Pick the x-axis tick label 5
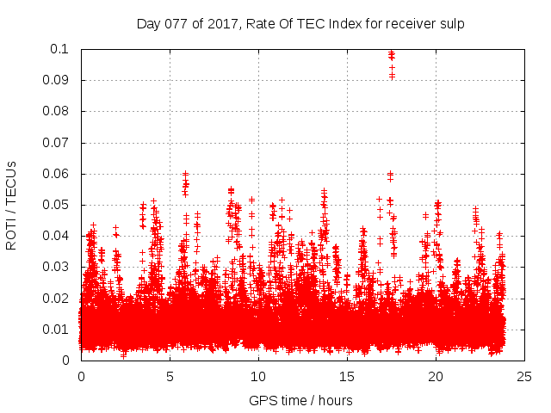pyautogui.click(x=170, y=376)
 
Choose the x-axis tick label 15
pyautogui.click(x=347, y=376)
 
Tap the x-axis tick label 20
pyautogui.click(x=436, y=376)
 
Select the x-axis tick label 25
pyautogui.click(x=524, y=376)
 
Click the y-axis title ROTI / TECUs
pyautogui.click(x=11, y=205)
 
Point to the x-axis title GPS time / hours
pyautogui.click(x=300, y=400)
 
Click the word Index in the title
pyautogui.click(x=340, y=24)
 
